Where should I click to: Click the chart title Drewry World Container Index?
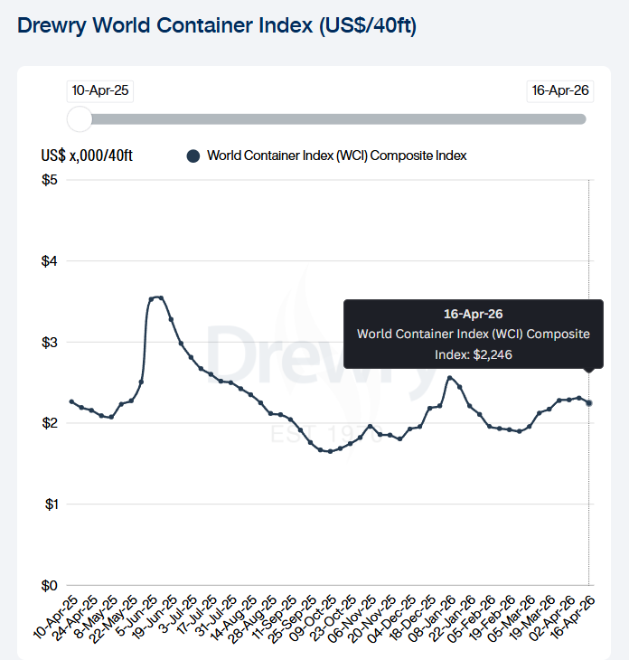[217, 25]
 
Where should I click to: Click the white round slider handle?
[80, 118]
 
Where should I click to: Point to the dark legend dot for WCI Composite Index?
[192, 156]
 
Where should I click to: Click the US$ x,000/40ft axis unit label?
[87, 156]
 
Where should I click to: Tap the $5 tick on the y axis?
[50, 180]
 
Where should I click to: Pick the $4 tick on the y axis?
[50, 261]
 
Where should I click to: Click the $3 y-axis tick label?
[50, 342]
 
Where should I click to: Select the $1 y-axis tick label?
[50, 504]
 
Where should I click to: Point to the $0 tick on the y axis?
[50, 585]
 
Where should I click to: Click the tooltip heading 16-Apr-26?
[473, 315]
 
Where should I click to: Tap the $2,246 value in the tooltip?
[493, 354]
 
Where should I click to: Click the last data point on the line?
[589, 403]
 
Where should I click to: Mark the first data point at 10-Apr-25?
[71, 401]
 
